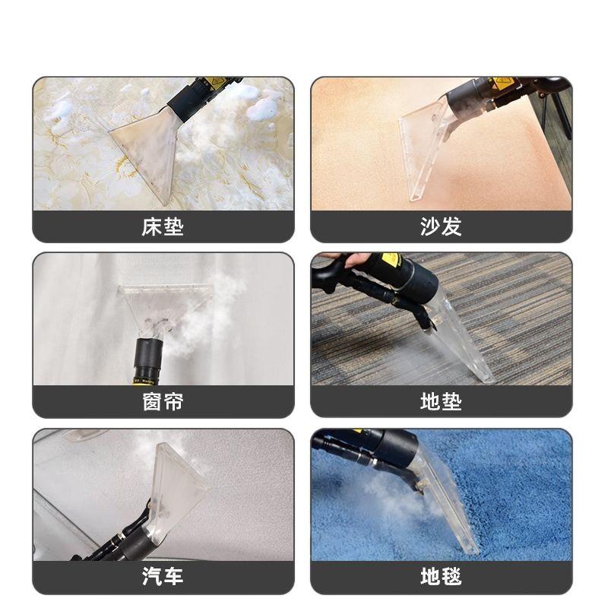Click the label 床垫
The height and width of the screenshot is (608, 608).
(163, 226)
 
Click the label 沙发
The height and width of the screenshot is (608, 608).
(441, 226)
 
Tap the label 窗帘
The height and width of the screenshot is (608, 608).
(163, 401)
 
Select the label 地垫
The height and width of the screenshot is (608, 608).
(441, 401)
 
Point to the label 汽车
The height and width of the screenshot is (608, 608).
(163, 577)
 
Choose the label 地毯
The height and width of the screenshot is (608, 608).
(441, 577)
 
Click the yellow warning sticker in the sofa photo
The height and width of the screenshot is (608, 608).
(502, 84)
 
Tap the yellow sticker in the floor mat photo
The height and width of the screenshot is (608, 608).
(391, 261)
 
